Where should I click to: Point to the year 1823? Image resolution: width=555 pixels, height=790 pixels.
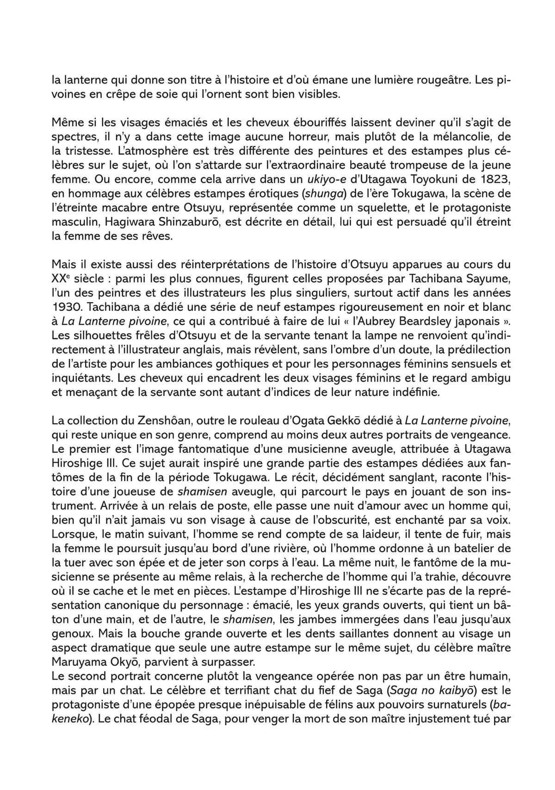tap(493, 178)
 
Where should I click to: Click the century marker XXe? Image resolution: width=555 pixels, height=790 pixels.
tap(61, 279)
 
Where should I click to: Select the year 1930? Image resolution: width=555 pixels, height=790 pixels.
tap(67, 307)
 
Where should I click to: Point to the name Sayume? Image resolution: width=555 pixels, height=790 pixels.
tap(485, 279)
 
